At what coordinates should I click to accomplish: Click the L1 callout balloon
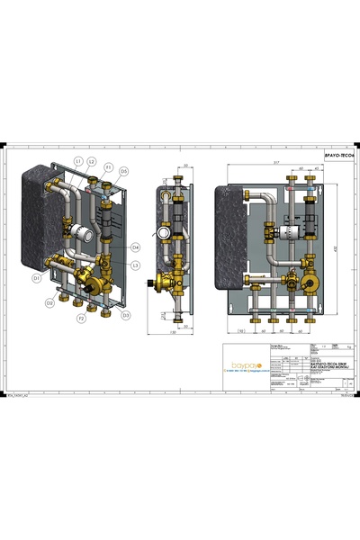[x=78, y=161]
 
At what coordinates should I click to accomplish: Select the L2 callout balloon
[x=92, y=161]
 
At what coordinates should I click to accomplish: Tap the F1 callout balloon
[x=108, y=167]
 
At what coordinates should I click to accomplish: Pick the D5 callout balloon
[x=123, y=170]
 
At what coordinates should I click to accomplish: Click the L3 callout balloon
[x=135, y=265]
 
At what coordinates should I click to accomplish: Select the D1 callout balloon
[x=37, y=279]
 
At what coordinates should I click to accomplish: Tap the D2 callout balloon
[x=50, y=302]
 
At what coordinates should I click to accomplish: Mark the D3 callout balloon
[x=125, y=315]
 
